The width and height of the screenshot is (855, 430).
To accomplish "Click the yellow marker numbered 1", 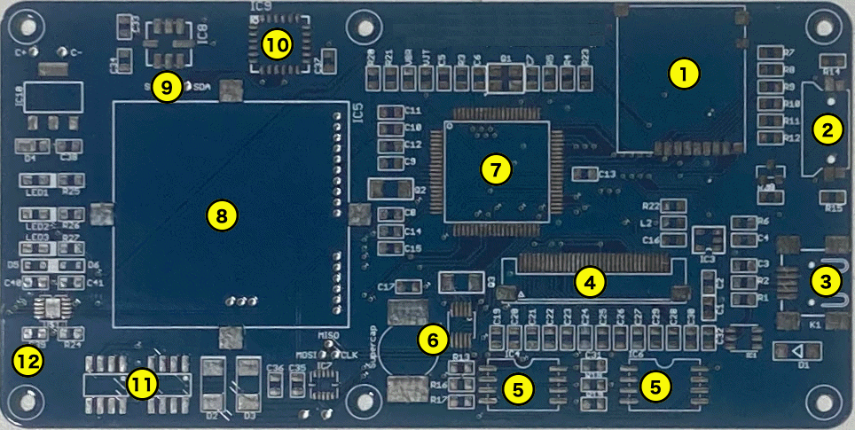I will (683, 74).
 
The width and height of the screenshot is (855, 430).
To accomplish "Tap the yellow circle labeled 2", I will (828, 129).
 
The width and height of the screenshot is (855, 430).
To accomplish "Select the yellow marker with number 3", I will (826, 282).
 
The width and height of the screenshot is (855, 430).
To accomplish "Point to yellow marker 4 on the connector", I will (590, 282).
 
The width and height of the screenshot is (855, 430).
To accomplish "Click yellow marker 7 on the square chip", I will (496, 168).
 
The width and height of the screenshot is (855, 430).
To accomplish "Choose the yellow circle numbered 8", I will (221, 215).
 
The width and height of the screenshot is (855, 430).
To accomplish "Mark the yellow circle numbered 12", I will (26, 360).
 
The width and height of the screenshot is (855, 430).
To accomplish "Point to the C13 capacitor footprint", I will (585, 174).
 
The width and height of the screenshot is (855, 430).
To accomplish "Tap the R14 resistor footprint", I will (832, 83).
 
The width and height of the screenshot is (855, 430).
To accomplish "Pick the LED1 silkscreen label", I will (37, 192).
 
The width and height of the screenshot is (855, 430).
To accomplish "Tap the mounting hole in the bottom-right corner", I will (829, 401).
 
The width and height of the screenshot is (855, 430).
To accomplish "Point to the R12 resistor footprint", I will (770, 138).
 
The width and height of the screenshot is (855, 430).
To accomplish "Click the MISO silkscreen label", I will (328, 334).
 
